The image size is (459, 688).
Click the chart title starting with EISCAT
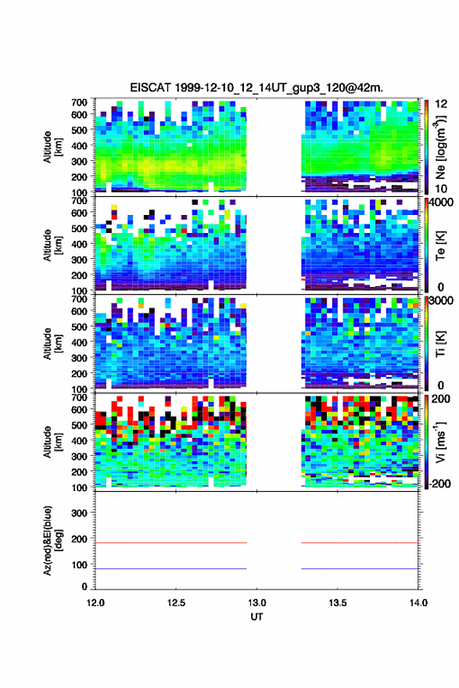256,88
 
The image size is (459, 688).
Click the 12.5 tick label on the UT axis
176,603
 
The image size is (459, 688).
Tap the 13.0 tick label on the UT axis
256,603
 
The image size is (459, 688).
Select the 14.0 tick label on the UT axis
418,603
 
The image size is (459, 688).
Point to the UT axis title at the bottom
256,617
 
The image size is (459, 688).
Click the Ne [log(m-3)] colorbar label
440,148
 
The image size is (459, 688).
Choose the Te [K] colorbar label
440,245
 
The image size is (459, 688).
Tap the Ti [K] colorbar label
440,344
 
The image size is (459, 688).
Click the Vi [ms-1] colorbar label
440,443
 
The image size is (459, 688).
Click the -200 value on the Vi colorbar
438,483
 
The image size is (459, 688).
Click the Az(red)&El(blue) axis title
52,540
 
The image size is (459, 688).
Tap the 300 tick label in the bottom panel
80,513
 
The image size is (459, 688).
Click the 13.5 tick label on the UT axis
338,603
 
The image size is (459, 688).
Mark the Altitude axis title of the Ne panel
52,147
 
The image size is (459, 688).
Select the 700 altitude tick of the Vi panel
80,397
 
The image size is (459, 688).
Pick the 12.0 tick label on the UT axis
95,603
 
